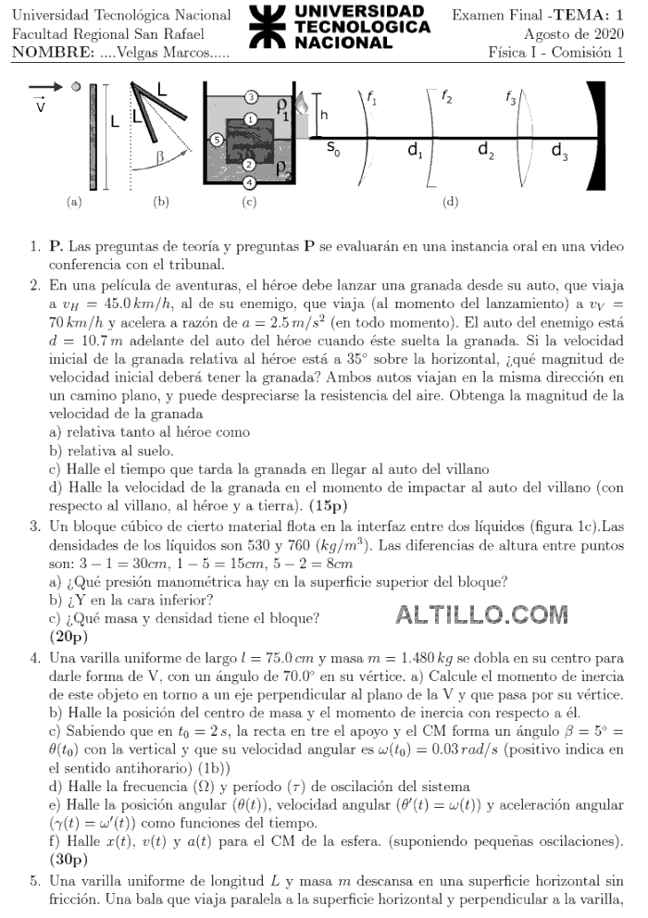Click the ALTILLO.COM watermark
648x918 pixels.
[481, 614]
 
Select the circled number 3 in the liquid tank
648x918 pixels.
[251, 97]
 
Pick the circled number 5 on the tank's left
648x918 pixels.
[216, 140]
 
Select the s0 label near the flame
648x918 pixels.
[333, 150]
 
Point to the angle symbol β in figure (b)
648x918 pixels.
[160, 157]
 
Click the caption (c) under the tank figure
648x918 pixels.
[248, 201]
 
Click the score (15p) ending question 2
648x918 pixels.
[330, 505]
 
